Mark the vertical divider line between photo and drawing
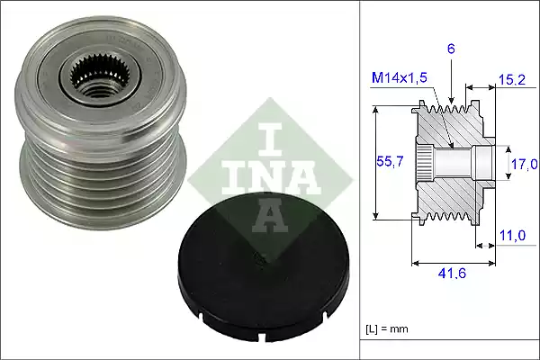pos(360,180)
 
